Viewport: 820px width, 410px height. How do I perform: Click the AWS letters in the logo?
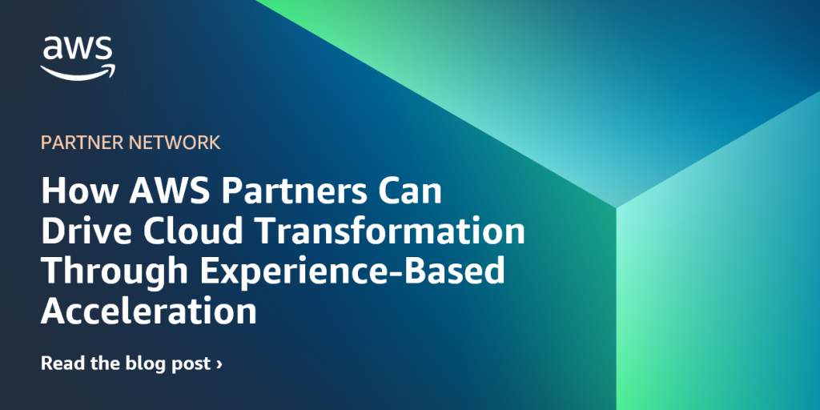pyautogui.click(x=78, y=49)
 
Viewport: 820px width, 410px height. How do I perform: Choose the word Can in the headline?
pyautogui.click(x=411, y=193)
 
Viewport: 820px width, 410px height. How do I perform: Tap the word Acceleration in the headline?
pyautogui.click(x=149, y=310)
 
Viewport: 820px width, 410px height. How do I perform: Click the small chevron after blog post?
pyautogui.click(x=219, y=364)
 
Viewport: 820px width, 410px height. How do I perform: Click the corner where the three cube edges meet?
pyautogui.click(x=615, y=207)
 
